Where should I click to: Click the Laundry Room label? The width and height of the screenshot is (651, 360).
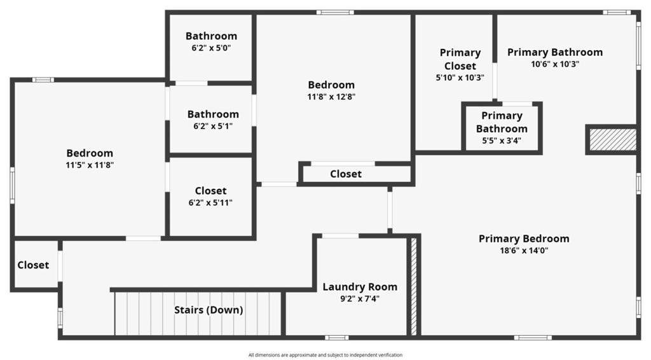[x=360, y=287]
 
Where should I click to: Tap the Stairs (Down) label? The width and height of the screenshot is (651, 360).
[x=209, y=310]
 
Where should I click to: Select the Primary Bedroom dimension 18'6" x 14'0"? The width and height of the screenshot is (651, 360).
[x=524, y=251]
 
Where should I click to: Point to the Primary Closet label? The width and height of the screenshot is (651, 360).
[x=460, y=59]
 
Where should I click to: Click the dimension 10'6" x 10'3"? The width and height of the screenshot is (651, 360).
[x=555, y=64]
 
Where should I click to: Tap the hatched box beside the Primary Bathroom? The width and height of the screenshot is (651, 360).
[x=613, y=139]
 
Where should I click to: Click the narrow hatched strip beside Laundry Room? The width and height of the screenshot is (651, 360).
[x=413, y=286]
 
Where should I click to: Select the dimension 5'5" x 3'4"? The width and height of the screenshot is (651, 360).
[x=502, y=141]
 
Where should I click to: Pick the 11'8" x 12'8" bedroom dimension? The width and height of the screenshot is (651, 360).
[x=331, y=97]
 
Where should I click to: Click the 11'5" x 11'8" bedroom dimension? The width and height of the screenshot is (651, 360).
[x=90, y=165]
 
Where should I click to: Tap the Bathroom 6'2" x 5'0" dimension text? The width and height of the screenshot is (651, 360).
[x=211, y=48]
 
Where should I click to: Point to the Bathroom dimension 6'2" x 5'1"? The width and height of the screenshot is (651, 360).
[x=212, y=126]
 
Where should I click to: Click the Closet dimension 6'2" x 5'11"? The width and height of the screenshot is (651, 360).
[x=210, y=203]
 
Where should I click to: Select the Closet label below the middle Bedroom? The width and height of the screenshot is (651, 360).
[x=346, y=174]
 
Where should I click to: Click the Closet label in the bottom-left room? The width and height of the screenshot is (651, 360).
[x=33, y=265]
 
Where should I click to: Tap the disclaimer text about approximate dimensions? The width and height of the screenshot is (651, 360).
[x=325, y=355]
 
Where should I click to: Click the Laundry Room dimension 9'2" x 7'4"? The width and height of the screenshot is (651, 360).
[x=360, y=298]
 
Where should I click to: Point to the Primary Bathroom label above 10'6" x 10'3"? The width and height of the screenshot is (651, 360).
[x=555, y=52]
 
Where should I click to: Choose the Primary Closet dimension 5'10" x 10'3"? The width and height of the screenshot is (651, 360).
[x=460, y=78]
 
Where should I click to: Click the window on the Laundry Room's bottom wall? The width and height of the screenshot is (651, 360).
[x=337, y=338]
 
